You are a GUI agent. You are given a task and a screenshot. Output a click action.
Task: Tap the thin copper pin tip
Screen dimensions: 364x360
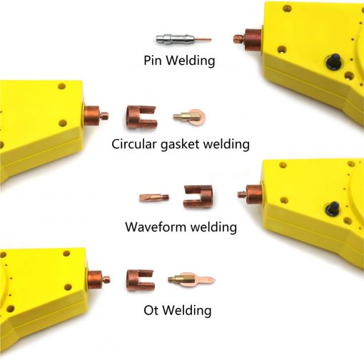[202, 39]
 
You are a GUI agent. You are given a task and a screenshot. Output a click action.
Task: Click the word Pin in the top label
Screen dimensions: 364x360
[153, 61]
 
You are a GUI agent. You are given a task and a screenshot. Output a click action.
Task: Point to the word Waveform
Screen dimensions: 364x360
[156, 227]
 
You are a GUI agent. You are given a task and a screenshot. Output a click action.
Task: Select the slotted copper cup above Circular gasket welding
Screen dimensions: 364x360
[141, 117]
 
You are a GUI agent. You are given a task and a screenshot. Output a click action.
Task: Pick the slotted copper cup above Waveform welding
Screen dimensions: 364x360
[198, 197]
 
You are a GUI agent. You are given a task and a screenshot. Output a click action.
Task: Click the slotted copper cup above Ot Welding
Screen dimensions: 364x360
[140, 280]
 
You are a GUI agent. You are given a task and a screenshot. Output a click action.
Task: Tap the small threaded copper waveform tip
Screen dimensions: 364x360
[154, 197]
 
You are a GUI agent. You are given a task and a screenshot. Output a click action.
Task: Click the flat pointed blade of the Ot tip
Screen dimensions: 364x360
[205, 279]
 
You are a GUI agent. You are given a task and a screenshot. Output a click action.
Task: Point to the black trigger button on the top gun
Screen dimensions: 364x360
[333, 62]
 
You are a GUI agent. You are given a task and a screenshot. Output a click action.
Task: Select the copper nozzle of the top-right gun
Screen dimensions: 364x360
[248, 39]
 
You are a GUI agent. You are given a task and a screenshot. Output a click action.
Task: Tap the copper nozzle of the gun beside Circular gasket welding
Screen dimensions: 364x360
[96, 116]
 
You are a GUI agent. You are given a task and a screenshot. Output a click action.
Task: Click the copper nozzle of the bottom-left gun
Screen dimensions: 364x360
[98, 279]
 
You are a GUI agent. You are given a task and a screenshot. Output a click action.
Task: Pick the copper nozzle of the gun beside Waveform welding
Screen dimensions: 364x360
[251, 195]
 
